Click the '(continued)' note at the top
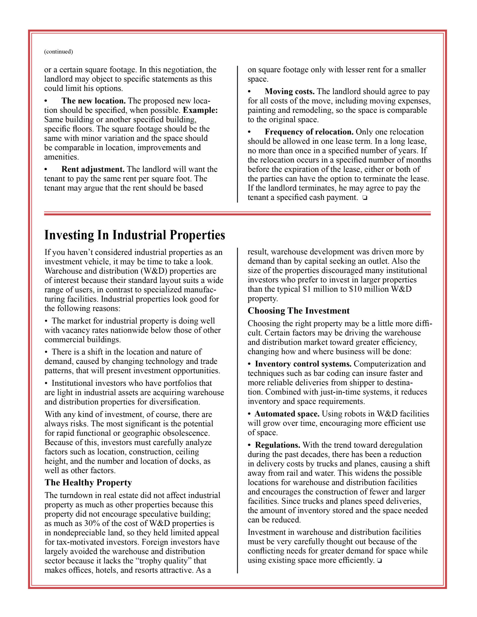pyautogui.click(x=58, y=52)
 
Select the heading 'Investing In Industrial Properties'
pyautogui.click(x=135, y=235)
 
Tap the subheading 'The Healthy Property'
pyautogui.click(x=88, y=483)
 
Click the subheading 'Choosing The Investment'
pyautogui.click(x=299, y=311)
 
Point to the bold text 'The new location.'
pyautogui.click(x=93, y=101)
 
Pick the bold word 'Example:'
pyautogui.click(x=200, y=110)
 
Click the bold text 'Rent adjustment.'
pyautogui.click(x=93, y=169)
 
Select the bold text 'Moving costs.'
pyautogui.click(x=290, y=91)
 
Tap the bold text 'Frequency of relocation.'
pyautogui.click(x=309, y=132)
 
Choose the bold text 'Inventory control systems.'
pyautogui.click(x=303, y=364)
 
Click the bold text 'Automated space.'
pyautogui.click(x=287, y=414)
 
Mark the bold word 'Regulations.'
pyautogui.click(x=278, y=445)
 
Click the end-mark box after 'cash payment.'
pyautogui.click(x=365, y=198)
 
